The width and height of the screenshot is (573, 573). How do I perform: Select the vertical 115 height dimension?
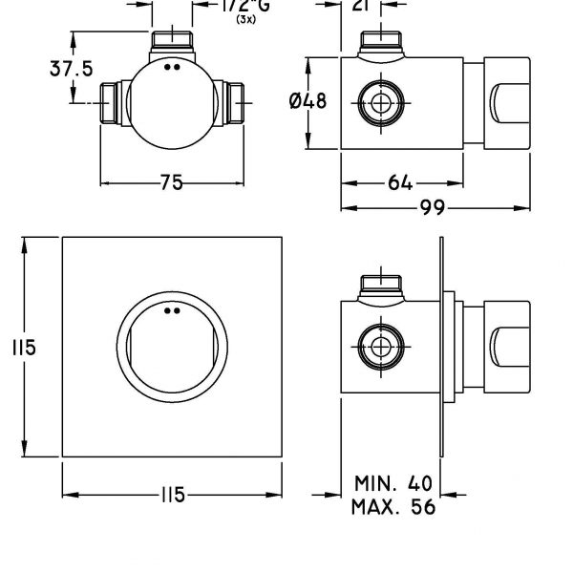[11, 349]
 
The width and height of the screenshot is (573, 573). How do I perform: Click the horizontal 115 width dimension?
[172, 497]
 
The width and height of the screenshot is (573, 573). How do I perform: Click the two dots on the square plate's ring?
[172, 310]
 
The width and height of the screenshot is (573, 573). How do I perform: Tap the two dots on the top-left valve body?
[172, 68]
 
